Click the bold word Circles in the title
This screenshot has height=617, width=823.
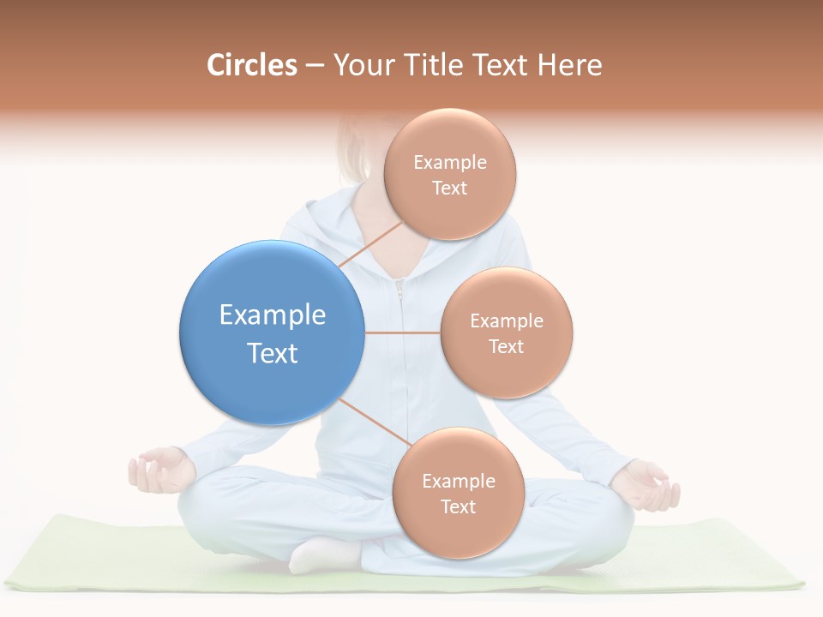pyautogui.click(x=251, y=65)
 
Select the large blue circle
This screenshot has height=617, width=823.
pyautogui.click(x=272, y=332)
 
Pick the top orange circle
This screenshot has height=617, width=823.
pyautogui.click(x=450, y=174)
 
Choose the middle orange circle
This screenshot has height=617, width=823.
pyautogui.click(x=507, y=332)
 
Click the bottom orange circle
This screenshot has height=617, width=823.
pyautogui.click(x=458, y=493)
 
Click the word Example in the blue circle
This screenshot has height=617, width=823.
pyautogui.click(x=273, y=315)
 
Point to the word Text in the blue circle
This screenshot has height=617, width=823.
pyautogui.click(x=273, y=353)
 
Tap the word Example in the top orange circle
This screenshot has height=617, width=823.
pyautogui.click(x=450, y=163)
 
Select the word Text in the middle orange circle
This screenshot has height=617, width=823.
pyautogui.click(x=507, y=347)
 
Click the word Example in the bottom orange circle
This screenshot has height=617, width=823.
pyautogui.click(x=459, y=482)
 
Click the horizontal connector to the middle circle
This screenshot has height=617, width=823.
pyautogui.click(x=402, y=332)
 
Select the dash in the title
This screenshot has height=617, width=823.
pyautogui.click(x=315, y=66)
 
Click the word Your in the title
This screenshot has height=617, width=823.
pyautogui.click(x=361, y=65)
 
